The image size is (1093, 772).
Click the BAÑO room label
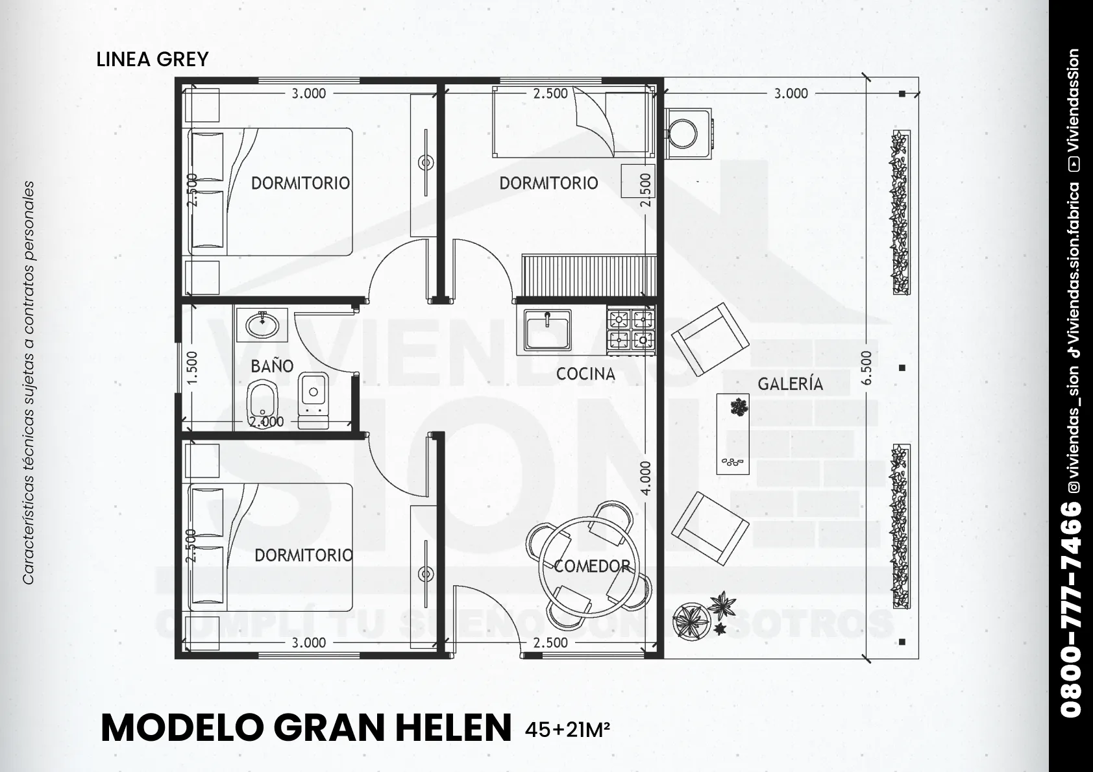tap(272, 366)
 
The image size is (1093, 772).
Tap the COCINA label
tap(585, 374)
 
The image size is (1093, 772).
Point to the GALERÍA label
tap(790, 384)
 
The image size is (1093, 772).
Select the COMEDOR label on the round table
tap(592, 566)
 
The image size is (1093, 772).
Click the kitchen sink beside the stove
tap(547, 330)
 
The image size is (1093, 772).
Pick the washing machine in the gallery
tap(689, 133)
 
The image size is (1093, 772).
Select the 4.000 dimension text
tap(646, 478)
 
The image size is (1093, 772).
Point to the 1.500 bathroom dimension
tap(192, 368)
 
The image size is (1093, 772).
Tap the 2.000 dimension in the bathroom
tap(266, 422)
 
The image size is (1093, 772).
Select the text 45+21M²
tap(567, 729)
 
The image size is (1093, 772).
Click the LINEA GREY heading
tap(153, 60)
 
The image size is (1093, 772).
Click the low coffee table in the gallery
tap(732, 434)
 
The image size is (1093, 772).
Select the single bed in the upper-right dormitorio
tap(573, 121)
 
